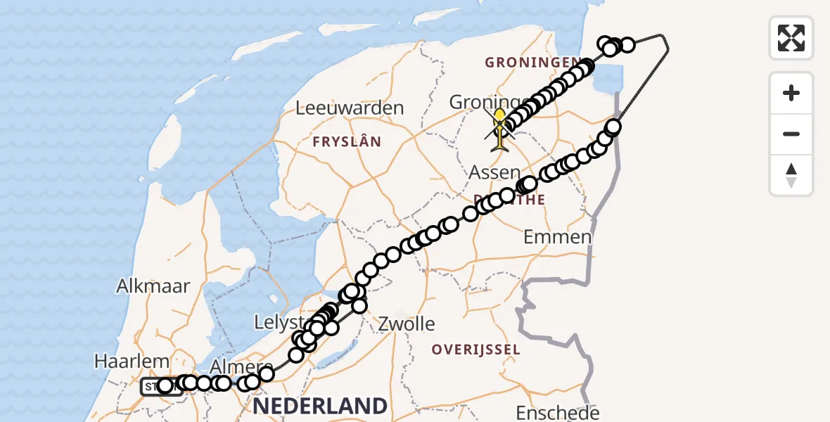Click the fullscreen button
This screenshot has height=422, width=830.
(x=791, y=37)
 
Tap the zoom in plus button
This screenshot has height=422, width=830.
(x=791, y=93)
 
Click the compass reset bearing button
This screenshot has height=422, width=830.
(x=791, y=175)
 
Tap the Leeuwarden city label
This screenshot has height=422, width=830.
(x=350, y=108)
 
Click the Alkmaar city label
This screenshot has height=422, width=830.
(x=154, y=286)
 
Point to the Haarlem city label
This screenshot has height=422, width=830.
(x=132, y=362)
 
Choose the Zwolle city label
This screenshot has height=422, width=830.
(x=407, y=324)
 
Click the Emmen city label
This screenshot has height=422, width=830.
(x=558, y=236)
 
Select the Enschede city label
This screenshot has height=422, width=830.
(x=558, y=412)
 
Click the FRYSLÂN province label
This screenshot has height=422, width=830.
(x=347, y=142)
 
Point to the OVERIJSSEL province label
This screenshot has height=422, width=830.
(x=476, y=350)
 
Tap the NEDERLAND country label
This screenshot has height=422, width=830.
(x=319, y=406)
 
